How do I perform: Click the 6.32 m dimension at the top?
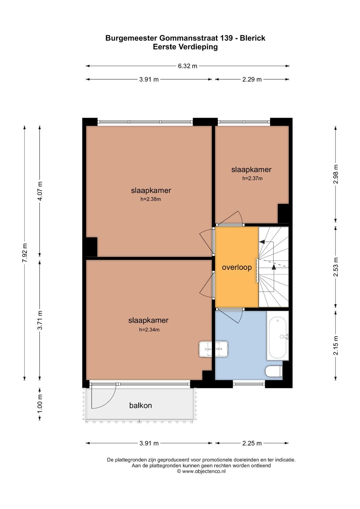click(188, 66)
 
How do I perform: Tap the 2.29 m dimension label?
click(252, 80)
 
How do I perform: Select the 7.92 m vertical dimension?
click(25, 253)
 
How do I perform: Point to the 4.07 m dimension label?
click(40, 191)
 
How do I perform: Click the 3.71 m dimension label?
click(40, 321)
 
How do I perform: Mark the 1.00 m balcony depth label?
click(40, 404)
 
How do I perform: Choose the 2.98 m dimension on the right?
click(336, 174)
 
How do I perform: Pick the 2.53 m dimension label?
click(336, 267)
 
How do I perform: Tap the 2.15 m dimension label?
click(336, 345)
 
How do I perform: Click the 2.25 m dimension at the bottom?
click(252, 443)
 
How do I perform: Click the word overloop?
click(237, 267)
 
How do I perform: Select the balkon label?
click(140, 406)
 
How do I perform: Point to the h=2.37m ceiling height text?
click(252, 178)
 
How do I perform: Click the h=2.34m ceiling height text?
click(149, 330)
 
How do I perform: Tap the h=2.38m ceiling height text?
click(150, 199)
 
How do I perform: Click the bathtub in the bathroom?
click(278, 338)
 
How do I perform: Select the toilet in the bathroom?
click(273, 371)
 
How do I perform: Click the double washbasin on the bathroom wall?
click(213, 349)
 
